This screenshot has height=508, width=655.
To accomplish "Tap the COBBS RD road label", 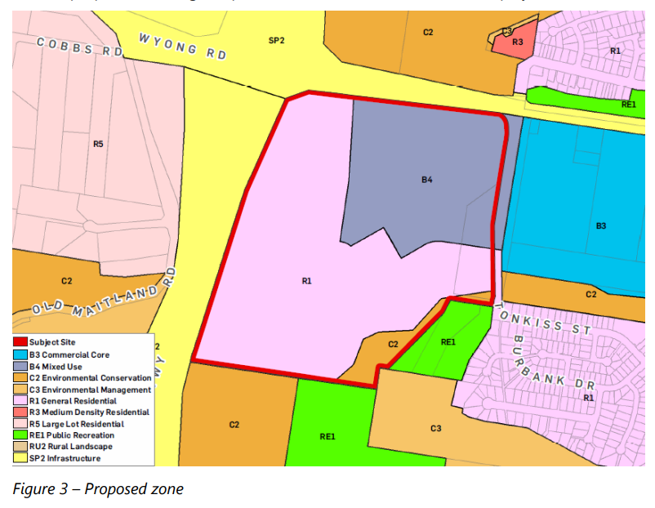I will [78, 47].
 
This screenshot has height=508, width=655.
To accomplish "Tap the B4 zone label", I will [426, 180].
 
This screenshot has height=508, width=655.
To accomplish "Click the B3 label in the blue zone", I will [600, 225].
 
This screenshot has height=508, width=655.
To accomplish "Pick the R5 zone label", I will [98, 145].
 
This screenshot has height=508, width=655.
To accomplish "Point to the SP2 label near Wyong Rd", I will [276, 40].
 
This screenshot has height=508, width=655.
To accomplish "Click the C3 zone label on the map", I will [435, 428].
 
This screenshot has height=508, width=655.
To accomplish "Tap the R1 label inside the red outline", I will [307, 281].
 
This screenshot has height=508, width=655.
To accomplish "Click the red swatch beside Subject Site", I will [20, 342].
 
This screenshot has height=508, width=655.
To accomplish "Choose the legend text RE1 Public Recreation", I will [72, 435].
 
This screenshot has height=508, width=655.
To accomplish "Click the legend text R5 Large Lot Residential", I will [76, 424].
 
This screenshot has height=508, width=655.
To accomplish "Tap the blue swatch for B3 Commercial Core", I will [20, 354].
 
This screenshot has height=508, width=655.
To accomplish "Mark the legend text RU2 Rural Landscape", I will [70, 447].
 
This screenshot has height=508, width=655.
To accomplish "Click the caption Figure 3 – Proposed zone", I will [98, 489].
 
